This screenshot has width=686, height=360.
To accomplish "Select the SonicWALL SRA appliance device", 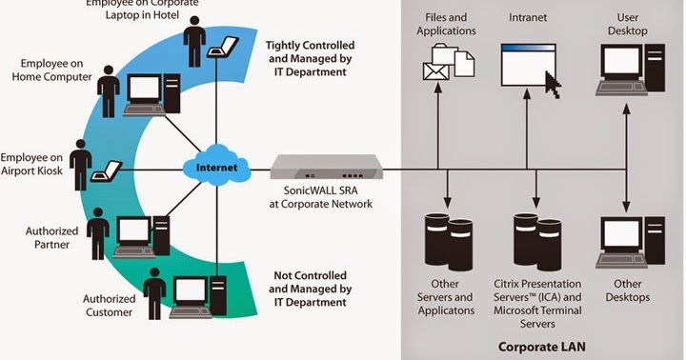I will point(326,170).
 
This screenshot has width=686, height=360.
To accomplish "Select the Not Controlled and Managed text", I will point(311,288).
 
